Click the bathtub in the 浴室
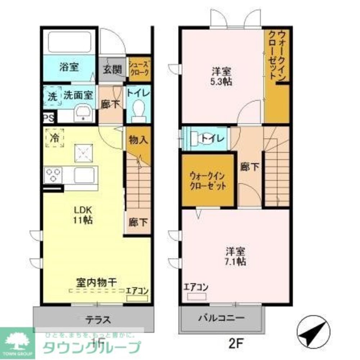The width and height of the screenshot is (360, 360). tap(69, 42)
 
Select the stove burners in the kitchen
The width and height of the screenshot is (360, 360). tap(53, 175)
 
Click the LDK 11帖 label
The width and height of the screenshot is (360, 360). tap(84, 215)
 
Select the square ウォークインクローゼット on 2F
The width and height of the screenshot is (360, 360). tap(208, 181)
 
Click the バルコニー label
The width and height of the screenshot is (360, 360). tap(221, 318)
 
